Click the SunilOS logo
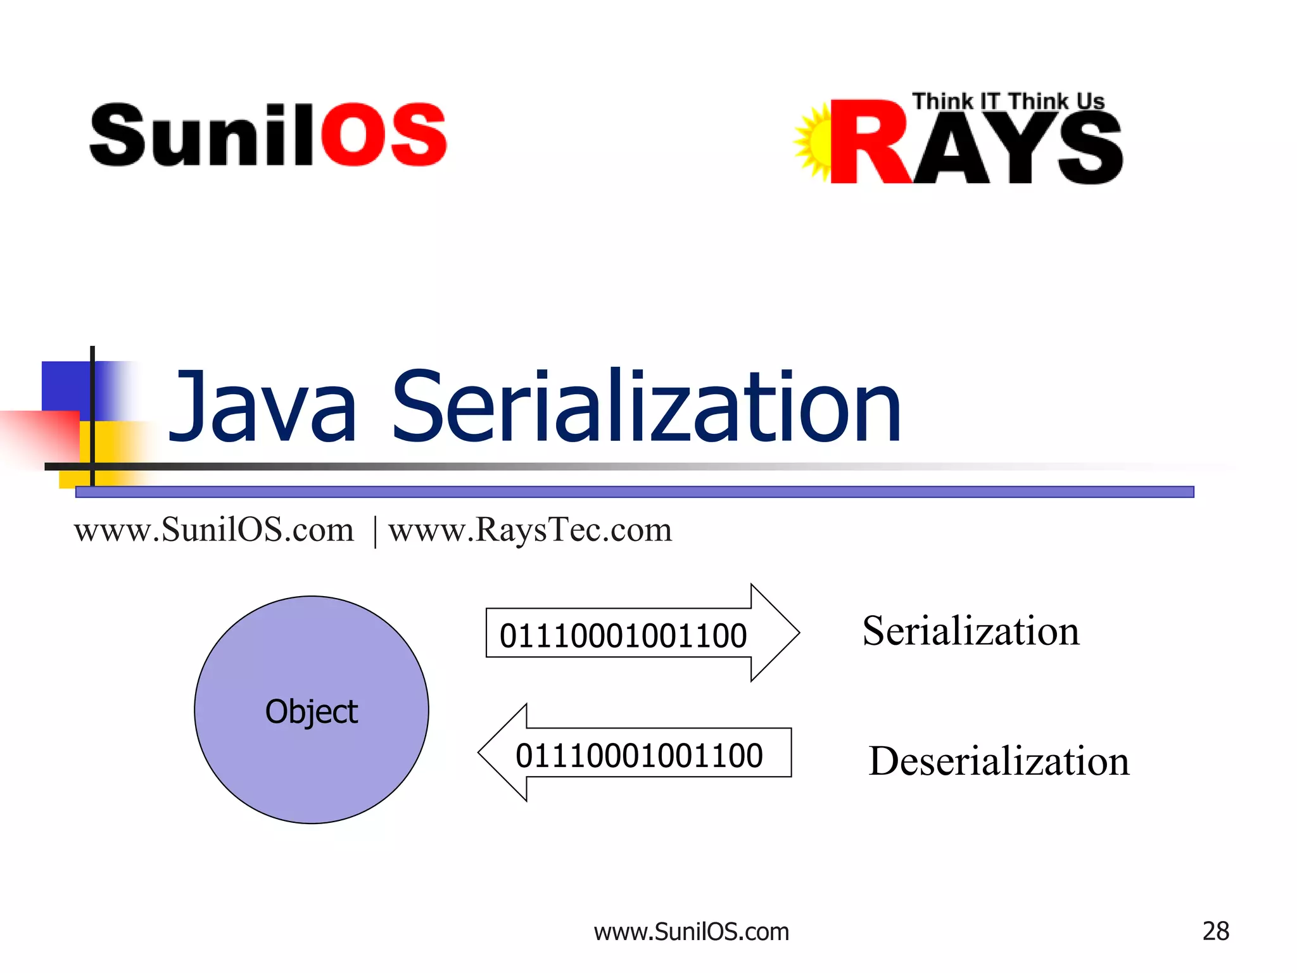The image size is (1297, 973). [268, 135]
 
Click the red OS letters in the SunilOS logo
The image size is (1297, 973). [384, 135]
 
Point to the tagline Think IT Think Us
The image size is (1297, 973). [1008, 101]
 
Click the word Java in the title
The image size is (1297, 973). [263, 407]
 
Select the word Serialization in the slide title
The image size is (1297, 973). [646, 407]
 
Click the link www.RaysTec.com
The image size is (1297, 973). [530, 530]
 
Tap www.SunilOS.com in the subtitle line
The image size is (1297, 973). [214, 530]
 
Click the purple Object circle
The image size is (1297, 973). [311, 709]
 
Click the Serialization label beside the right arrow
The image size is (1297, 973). [971, 631]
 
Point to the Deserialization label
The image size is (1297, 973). [999, 761]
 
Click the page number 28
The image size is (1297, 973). [1215, 931]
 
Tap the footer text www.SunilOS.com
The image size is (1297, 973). [691, 932]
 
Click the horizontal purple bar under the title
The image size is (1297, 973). [633, 492]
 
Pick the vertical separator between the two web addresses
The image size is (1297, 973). [376, 531]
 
